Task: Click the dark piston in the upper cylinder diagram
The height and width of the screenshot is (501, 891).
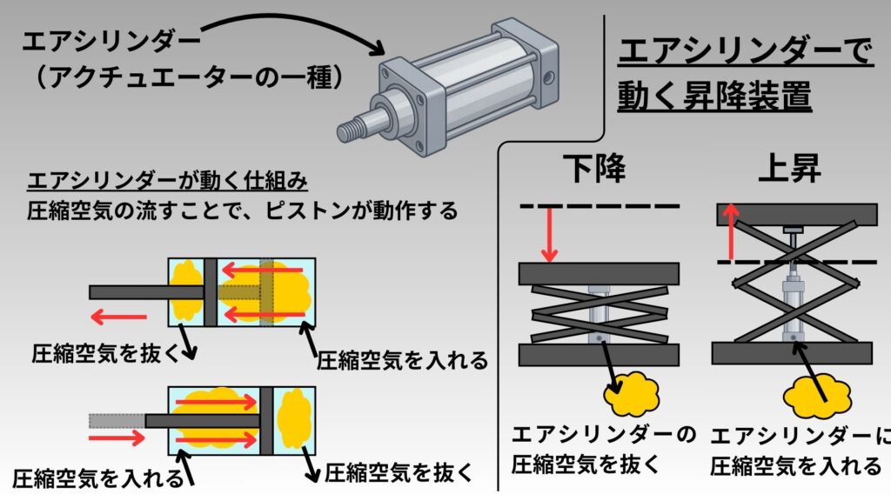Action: pyautogui.click(x=210, y=291)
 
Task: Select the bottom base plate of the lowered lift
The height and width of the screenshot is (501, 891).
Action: pyautogui.click(x=599, y=355)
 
